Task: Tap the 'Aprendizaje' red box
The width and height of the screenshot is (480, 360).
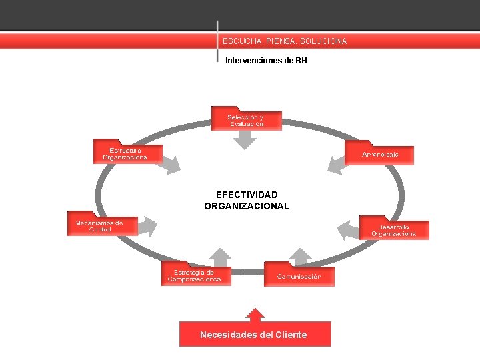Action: click(x=379, y=155)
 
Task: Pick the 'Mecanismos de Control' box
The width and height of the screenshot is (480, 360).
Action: click(x=102, y=225)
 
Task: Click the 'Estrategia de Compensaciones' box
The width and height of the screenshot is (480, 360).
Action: click(x=195, y=275)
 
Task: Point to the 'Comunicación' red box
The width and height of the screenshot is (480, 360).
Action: click(x=299, y=276)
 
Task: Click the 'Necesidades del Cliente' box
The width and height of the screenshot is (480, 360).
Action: click(x=255, y=335)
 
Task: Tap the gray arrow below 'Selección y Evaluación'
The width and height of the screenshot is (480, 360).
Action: click(x=245, y=139)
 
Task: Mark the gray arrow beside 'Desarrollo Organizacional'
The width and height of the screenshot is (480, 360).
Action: click(x=348, y=230)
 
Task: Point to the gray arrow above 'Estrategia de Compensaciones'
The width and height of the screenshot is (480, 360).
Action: click(x=221, y=257)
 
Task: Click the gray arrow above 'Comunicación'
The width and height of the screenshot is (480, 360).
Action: click(x=301, y=257)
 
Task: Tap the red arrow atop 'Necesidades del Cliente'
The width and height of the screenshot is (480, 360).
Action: click(x=255, y=314)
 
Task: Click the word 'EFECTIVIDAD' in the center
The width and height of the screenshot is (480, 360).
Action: click(x=247, y=195)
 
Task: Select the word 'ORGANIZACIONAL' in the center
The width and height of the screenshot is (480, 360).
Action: click(x=247, y=206)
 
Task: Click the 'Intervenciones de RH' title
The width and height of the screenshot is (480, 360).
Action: click(x=266, y=61)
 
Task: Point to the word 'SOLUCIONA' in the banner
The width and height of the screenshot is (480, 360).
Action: click(x=323, y=41)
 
